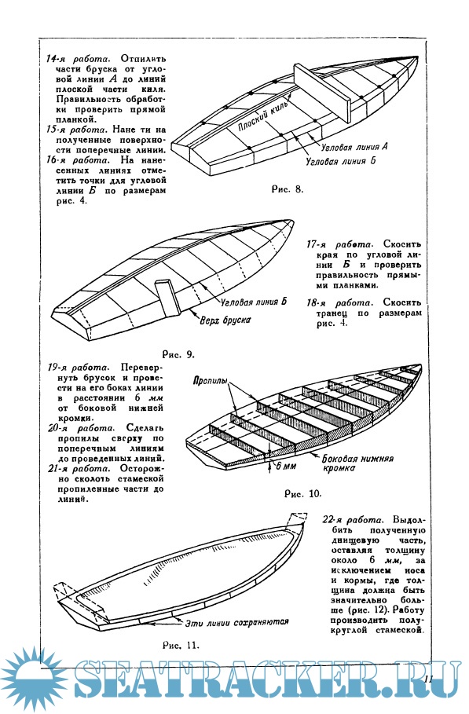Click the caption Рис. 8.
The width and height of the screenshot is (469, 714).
click(288, 189)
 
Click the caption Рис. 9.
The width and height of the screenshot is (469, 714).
click(178, 354)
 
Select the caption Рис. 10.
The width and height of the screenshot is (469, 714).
click(302, 494)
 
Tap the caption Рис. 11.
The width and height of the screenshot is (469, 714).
click(181, 645)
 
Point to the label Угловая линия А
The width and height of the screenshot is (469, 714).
click(354, 147)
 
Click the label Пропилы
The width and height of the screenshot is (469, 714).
click(210, 381)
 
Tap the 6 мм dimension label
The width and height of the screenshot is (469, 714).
click(286, 467)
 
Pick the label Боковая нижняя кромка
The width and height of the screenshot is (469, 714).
click(357, 463)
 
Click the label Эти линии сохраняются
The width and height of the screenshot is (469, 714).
click(236, 622)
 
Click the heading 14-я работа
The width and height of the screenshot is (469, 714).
click(77, 59)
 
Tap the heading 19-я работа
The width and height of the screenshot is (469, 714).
click(78, 368)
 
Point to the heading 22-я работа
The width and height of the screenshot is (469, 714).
click(353, 521)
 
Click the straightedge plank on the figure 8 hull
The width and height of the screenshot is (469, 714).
click(323, 93)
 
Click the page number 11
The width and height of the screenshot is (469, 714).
click(427, 679)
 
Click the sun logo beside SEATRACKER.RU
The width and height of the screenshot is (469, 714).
click(33, 678)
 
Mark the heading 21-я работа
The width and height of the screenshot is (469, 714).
click(78, 469)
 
